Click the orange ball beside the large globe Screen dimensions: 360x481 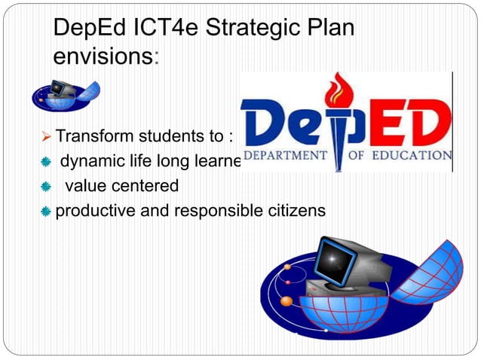click(286, 301)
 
